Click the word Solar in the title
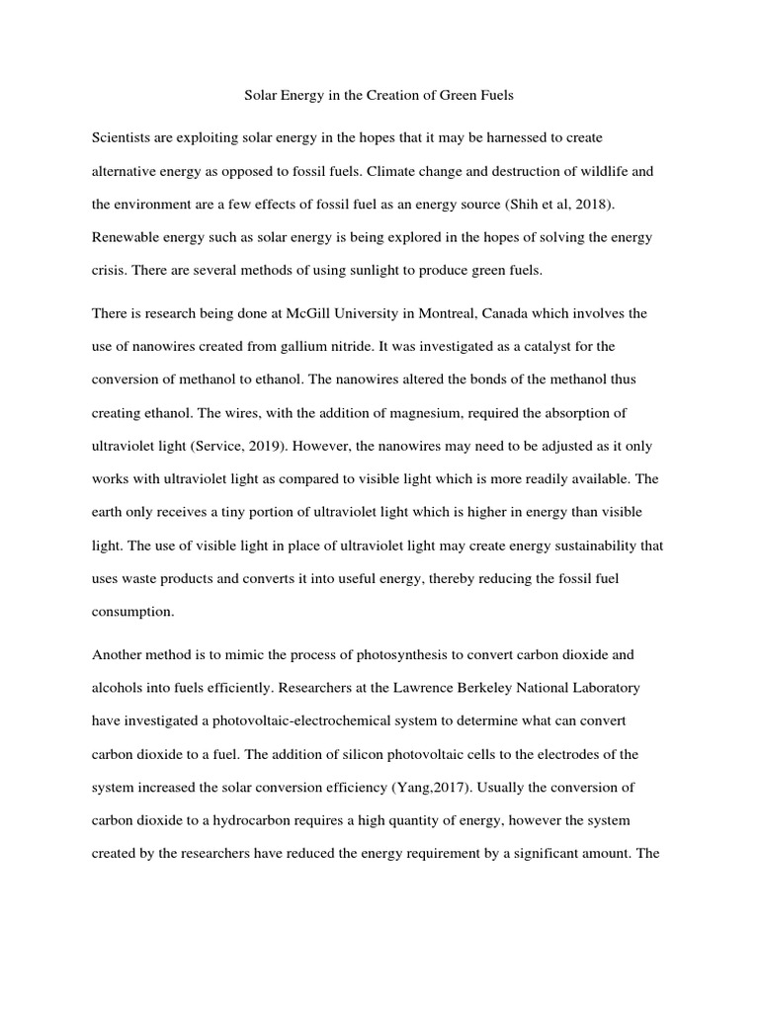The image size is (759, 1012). (x=262, y=96)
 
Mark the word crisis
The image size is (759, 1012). (x=109, y=272)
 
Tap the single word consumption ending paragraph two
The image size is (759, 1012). (x=132, y=612)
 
